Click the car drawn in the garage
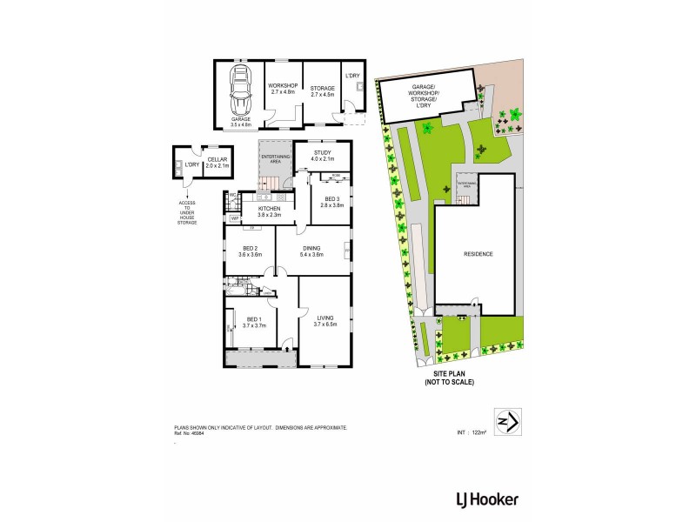click(240, 90)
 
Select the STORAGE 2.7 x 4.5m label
click(323, 90)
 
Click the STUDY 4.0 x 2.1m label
click(322, 156)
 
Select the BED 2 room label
click(251, 252)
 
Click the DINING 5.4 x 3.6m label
click(311, 252)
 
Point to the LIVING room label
click(325, 321)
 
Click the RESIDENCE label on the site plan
click(478, 254)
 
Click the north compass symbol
click(506, 421)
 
